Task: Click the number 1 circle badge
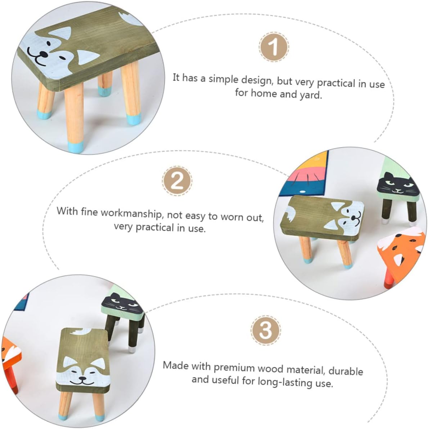click(274, 47)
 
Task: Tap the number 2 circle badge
click(177, 182)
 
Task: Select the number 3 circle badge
click(266, 330)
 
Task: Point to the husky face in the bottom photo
click(82, 369)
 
